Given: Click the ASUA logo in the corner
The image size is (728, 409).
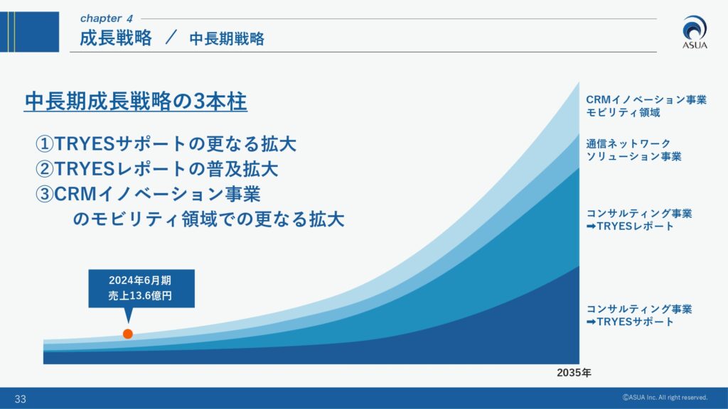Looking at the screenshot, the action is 695,32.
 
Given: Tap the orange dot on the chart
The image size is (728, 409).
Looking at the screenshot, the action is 128,334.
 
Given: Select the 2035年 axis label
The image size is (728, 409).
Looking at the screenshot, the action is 574,373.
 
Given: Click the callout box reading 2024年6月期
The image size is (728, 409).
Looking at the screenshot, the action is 141,288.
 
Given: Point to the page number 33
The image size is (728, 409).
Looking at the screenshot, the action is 21,399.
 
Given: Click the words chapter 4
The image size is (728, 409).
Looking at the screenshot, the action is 107,18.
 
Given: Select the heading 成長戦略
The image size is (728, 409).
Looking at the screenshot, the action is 116,38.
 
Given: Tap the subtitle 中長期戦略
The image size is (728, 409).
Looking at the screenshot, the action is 227,39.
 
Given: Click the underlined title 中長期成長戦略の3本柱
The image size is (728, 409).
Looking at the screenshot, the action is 136,102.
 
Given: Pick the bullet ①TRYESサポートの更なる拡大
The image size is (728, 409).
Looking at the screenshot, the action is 166,143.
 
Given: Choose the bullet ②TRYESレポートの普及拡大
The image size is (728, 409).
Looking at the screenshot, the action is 157,169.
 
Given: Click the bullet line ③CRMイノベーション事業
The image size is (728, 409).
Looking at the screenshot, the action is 148,194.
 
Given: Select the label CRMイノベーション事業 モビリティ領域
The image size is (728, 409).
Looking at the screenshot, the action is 646,107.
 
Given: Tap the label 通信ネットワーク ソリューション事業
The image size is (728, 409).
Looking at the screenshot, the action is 633,151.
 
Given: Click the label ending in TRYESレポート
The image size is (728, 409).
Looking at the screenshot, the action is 639,220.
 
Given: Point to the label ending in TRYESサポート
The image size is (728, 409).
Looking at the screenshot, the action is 639,315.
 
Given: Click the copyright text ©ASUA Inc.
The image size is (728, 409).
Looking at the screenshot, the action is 665,398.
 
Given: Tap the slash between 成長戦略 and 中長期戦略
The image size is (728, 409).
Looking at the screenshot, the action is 171,38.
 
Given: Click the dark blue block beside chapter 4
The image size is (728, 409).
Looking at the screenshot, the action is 29,32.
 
